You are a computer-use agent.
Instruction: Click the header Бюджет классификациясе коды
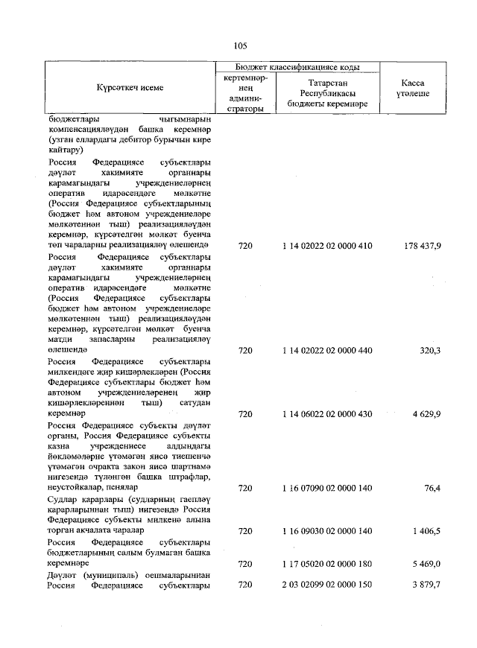coord(297,66)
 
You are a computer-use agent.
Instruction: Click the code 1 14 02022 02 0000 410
coord(327,245)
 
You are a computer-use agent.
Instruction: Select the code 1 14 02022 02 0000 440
coord(327,349)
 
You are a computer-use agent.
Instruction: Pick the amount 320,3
coord(429,349)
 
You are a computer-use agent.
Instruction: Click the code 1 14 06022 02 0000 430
coord(327,413)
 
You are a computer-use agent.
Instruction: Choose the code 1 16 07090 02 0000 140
coord(327,489)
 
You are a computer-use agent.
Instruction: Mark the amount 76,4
coord(432,489)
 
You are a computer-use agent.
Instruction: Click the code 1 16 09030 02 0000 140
coord(327,533)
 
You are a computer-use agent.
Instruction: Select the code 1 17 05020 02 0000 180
coord(327,565)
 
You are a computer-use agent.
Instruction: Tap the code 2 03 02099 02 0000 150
coord(327,586)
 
